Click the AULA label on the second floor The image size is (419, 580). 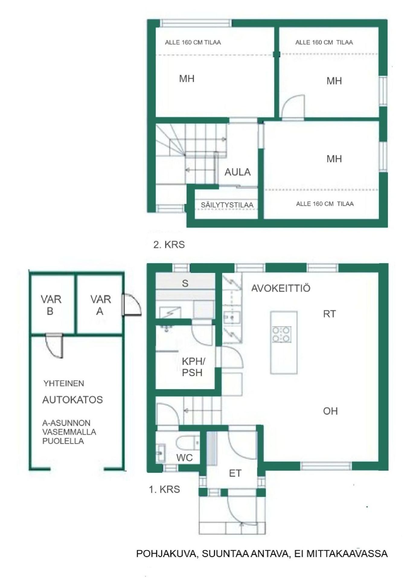[x=238, y=172]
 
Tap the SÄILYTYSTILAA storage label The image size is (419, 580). [x=227, y=205]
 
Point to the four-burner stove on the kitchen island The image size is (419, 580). [x=282, y=334]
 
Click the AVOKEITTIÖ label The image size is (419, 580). [x=281, y=288]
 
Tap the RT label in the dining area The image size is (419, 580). [x=329, y=314]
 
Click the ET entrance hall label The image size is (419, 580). [x=235, y=473]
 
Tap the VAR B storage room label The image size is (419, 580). [x=51, y=305]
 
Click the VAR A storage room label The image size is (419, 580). [x=101, y=305]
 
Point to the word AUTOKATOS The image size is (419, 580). [x=72, y=400]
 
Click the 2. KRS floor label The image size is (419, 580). [x=169, y=244]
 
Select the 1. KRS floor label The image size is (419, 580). [x=165, y=489]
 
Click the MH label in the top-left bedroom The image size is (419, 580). [x=187, y=79]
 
